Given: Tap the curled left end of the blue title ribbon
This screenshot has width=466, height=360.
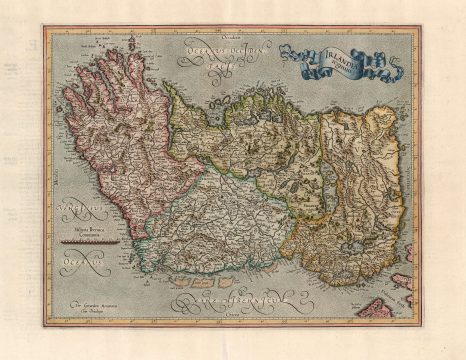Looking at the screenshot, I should coord(288,52).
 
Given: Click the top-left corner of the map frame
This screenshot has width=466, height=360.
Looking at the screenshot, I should coord(45,28).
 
